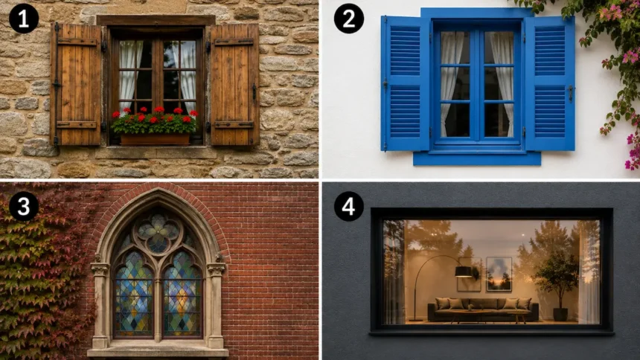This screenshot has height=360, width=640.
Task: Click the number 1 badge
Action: coord(24,19)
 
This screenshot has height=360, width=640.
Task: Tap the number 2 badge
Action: coord(349,19)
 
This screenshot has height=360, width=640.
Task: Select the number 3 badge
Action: coord(24,206)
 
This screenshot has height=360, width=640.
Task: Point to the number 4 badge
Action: coord(349,206)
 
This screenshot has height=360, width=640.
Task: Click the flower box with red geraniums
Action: coord(155,140)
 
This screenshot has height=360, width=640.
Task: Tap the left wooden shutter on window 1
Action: coord(77,84)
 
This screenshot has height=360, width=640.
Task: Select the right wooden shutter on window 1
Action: coord(234,84)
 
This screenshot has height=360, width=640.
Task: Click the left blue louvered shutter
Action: coord(406,83)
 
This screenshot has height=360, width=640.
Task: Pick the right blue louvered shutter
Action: coord(550,83)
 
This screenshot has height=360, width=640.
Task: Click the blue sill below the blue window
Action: coord(477,158)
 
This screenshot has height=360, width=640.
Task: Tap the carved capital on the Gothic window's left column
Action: coord(100,269)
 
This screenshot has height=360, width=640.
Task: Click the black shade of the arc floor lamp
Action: coord(464,271)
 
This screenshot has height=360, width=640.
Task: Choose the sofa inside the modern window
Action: coord(483,309)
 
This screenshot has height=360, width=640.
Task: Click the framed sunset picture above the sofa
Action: coord(499,274)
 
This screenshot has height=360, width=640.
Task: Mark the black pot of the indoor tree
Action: coord(560,315)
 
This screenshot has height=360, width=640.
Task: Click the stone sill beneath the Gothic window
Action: coord(158,352)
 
